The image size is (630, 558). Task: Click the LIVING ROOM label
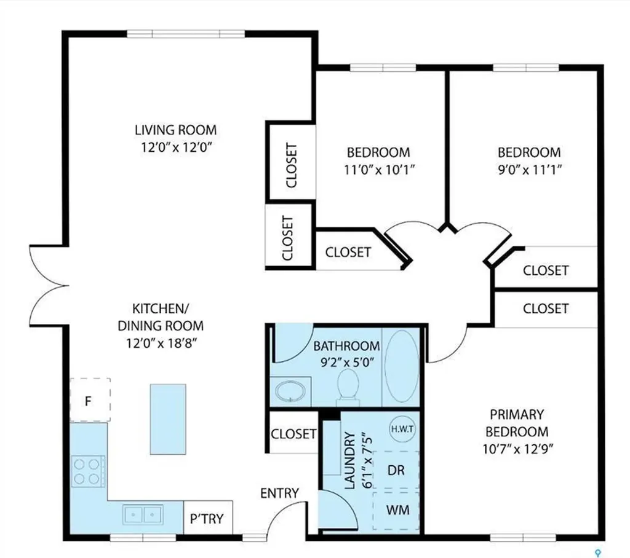point(176,130)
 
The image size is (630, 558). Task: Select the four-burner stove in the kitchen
point(86,470)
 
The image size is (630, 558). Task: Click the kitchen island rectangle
point(167,420)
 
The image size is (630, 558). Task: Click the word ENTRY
point(279,493)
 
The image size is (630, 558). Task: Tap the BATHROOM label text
point(346,347)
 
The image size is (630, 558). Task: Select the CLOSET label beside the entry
point(293,433)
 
